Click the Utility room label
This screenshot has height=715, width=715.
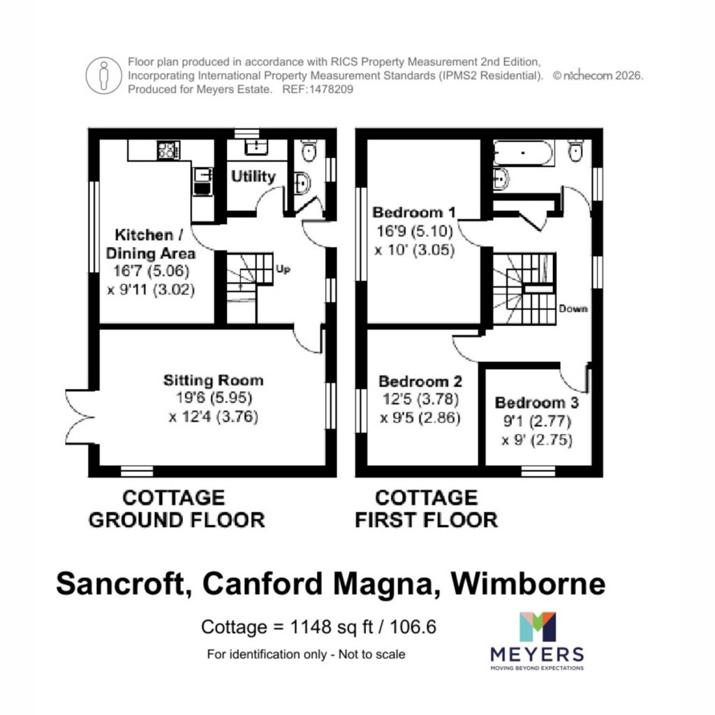click(253, 177)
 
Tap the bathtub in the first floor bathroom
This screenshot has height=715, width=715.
click(523, 153)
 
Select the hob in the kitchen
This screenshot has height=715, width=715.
click(168, 150)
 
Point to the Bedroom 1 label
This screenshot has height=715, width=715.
click(414, 212)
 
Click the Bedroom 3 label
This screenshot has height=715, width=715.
click(537, 403)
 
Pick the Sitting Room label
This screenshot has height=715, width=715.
click(214, 381)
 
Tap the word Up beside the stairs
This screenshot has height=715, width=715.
click(283, 270)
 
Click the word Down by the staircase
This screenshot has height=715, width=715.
click(573, 309)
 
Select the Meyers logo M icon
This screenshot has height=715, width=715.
click(538, 626)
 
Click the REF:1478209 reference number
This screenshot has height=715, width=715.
click(318, 89)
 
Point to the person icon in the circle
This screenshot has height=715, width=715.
click(104, 75)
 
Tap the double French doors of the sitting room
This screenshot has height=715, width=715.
click(80, 417)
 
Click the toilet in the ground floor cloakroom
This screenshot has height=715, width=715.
click(309, 152)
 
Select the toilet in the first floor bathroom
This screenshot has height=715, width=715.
click(575, 151)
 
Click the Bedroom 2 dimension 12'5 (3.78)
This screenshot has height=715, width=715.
click(420, 399)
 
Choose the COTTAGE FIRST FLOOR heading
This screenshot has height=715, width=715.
click(427, 509)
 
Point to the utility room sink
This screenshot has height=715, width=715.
click(256, 147)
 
